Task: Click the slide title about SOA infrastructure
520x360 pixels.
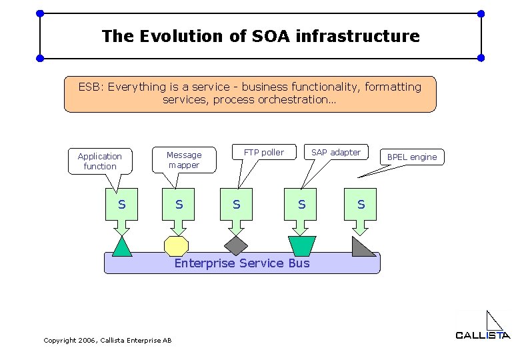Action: click(261, 36)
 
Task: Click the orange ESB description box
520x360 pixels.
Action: click(250, 93)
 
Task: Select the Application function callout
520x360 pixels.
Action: click(100, 161)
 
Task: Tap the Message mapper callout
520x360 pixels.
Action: click(183, 160)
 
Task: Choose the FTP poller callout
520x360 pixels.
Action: click(263, 153)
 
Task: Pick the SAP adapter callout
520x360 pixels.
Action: click(335, 153)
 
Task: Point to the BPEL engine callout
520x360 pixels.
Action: click(412, 157)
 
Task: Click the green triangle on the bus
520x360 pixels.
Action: click(121, 247)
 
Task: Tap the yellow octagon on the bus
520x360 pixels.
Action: click(177, 246)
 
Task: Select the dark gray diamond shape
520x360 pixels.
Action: click(236, 245)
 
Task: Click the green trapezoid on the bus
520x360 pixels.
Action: click(301, 245)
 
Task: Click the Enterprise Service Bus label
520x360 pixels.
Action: click(242, 263)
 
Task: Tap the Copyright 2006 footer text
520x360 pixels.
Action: click(107, 341)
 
